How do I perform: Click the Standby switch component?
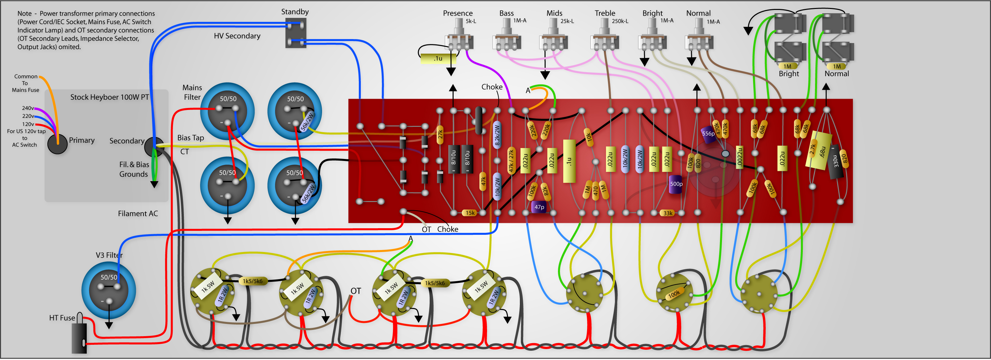[296, 33]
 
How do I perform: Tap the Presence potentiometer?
[459, 38]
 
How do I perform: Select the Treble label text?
[605, 13]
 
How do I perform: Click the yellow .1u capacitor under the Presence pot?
[438, 59]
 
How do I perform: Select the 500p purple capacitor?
[676, 184]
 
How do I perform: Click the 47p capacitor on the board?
[539, 207]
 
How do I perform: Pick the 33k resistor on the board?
[668, 213]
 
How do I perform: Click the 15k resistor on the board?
[470, 213]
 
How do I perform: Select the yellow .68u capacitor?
[819, 151]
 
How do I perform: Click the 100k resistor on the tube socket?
[674, 294]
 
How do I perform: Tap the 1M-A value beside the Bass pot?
[520, 21]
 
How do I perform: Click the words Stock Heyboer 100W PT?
[109, 97]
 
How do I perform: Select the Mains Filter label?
[192, 92]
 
